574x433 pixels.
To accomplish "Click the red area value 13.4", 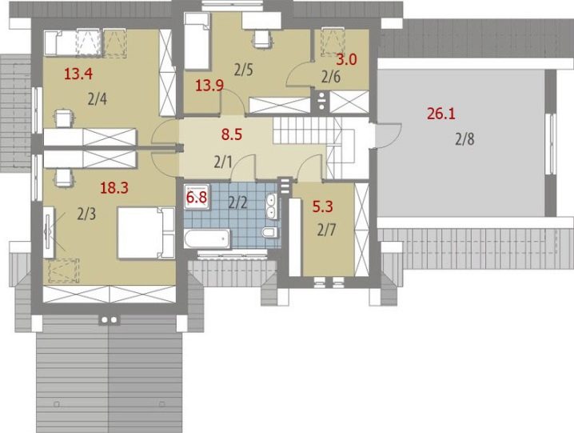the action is [78, 74].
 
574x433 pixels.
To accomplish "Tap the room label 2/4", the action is [98, 99].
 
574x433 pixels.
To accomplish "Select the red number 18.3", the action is [114, 188].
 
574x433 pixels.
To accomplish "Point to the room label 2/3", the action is [86, 214].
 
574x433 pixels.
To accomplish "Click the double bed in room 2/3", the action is [145, 233].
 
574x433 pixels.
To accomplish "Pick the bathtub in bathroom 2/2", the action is [207, 239].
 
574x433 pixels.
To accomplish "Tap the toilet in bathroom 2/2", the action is [269, 232].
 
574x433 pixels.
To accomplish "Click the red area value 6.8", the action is [197, 198].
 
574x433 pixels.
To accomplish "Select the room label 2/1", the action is [223, 162].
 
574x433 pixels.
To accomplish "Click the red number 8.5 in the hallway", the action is [232, 134].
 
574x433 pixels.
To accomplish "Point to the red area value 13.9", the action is [209, 86].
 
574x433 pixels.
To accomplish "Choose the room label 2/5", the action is [244, 70].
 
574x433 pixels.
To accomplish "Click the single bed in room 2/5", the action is [197, 41].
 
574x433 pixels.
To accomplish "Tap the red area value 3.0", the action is [346, 59].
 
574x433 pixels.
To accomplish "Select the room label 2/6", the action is [330, 77].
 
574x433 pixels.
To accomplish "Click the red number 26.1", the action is [441, 114].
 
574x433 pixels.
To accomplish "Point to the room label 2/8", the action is [465, 139].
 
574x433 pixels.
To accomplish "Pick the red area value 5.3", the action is [322, 206].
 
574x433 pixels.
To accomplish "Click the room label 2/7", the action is [326, 231].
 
